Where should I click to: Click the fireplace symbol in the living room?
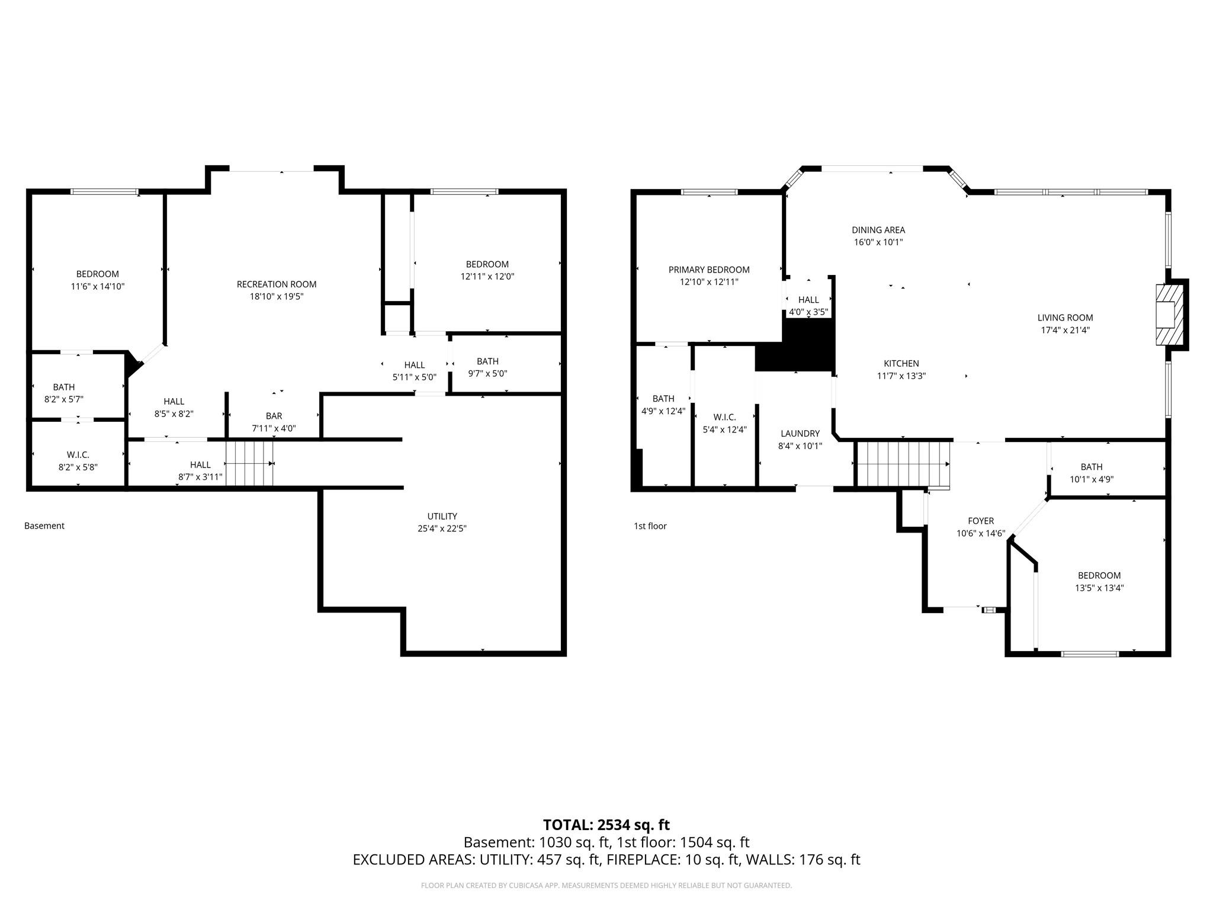1170,315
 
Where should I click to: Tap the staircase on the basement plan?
249,464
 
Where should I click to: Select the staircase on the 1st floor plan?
903,464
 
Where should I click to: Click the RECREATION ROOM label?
277,284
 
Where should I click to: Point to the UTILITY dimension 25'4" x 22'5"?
442,528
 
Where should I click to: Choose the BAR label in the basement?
274,416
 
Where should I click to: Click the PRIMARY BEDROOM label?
709,270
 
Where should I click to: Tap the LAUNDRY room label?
800,434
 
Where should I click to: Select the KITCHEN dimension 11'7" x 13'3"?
901,376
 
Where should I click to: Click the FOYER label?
980,521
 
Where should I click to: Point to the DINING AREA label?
878,230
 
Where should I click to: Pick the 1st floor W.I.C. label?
724,417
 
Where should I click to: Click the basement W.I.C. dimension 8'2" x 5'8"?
78,467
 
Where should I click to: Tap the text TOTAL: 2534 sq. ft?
606,825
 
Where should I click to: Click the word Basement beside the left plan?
44,526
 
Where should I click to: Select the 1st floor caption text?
650,526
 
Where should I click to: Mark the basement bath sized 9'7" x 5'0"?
487,367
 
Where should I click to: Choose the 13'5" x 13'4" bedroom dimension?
1099,588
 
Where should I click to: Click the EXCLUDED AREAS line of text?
606,860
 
